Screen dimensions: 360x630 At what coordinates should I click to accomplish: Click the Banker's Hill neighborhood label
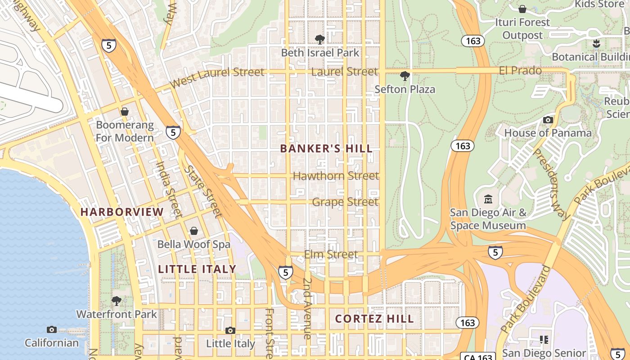point(326,148)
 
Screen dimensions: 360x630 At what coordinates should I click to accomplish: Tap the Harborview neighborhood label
point(122,212)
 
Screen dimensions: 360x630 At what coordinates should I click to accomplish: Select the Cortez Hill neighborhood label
point(374,319)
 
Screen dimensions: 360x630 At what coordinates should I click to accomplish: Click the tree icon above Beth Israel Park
point(320,40)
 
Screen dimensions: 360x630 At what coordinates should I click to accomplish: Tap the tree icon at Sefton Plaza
point(405,76)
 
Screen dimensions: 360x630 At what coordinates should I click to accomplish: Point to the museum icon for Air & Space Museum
point(488,199)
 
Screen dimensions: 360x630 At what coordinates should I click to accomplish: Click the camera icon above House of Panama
point(548,120)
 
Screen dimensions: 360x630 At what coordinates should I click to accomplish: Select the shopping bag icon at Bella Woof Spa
point(194,231)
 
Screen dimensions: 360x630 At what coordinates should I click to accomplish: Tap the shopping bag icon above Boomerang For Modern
point(125,111)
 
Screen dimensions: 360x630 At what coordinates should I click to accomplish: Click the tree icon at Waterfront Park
point(117,301)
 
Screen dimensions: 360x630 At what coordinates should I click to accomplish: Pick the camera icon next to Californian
point(52,329)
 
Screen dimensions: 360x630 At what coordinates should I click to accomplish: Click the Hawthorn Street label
point(336,175)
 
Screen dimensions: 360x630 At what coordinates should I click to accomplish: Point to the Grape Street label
point(345,202)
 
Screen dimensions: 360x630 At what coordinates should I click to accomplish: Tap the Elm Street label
point(331,255)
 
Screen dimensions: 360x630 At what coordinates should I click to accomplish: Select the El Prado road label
point(520,71)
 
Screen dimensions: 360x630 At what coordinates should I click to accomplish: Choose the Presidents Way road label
point(551,184)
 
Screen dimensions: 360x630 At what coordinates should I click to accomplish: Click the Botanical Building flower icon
point(596,44)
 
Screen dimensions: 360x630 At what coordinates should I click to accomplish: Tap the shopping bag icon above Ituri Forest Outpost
point(522,9)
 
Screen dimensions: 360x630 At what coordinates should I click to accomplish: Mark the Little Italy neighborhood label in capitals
point(197,269)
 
